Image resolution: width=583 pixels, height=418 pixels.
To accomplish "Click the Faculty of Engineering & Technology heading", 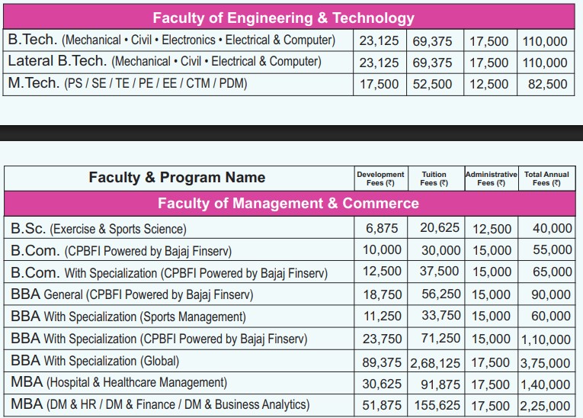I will (x=283, y=18).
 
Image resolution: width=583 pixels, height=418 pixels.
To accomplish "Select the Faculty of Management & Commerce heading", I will (x=288, y=204).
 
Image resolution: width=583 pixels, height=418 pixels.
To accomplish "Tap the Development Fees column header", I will (x=380, y=178).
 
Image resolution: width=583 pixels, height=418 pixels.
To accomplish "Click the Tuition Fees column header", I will (x=434, y=178).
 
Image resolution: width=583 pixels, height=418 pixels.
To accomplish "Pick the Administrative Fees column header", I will (x=491, y=178).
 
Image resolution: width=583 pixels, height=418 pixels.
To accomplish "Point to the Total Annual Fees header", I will (x=546, y=178).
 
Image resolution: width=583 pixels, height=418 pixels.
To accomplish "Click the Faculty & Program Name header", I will (x=177, y=178).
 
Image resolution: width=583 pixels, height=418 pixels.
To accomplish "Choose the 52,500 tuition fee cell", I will (x=433, y=85).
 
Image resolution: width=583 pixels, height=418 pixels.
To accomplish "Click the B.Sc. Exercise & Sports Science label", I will (x=98, y=228).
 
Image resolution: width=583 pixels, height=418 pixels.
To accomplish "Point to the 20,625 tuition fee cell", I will (x=439, y=228).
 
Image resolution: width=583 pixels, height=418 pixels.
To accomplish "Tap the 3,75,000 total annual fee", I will (x=546, y=362).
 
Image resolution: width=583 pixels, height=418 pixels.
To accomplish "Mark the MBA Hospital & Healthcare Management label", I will (x=119, y=383).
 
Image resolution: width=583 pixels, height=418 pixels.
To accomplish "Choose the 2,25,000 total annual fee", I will (x=546, y=405).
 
